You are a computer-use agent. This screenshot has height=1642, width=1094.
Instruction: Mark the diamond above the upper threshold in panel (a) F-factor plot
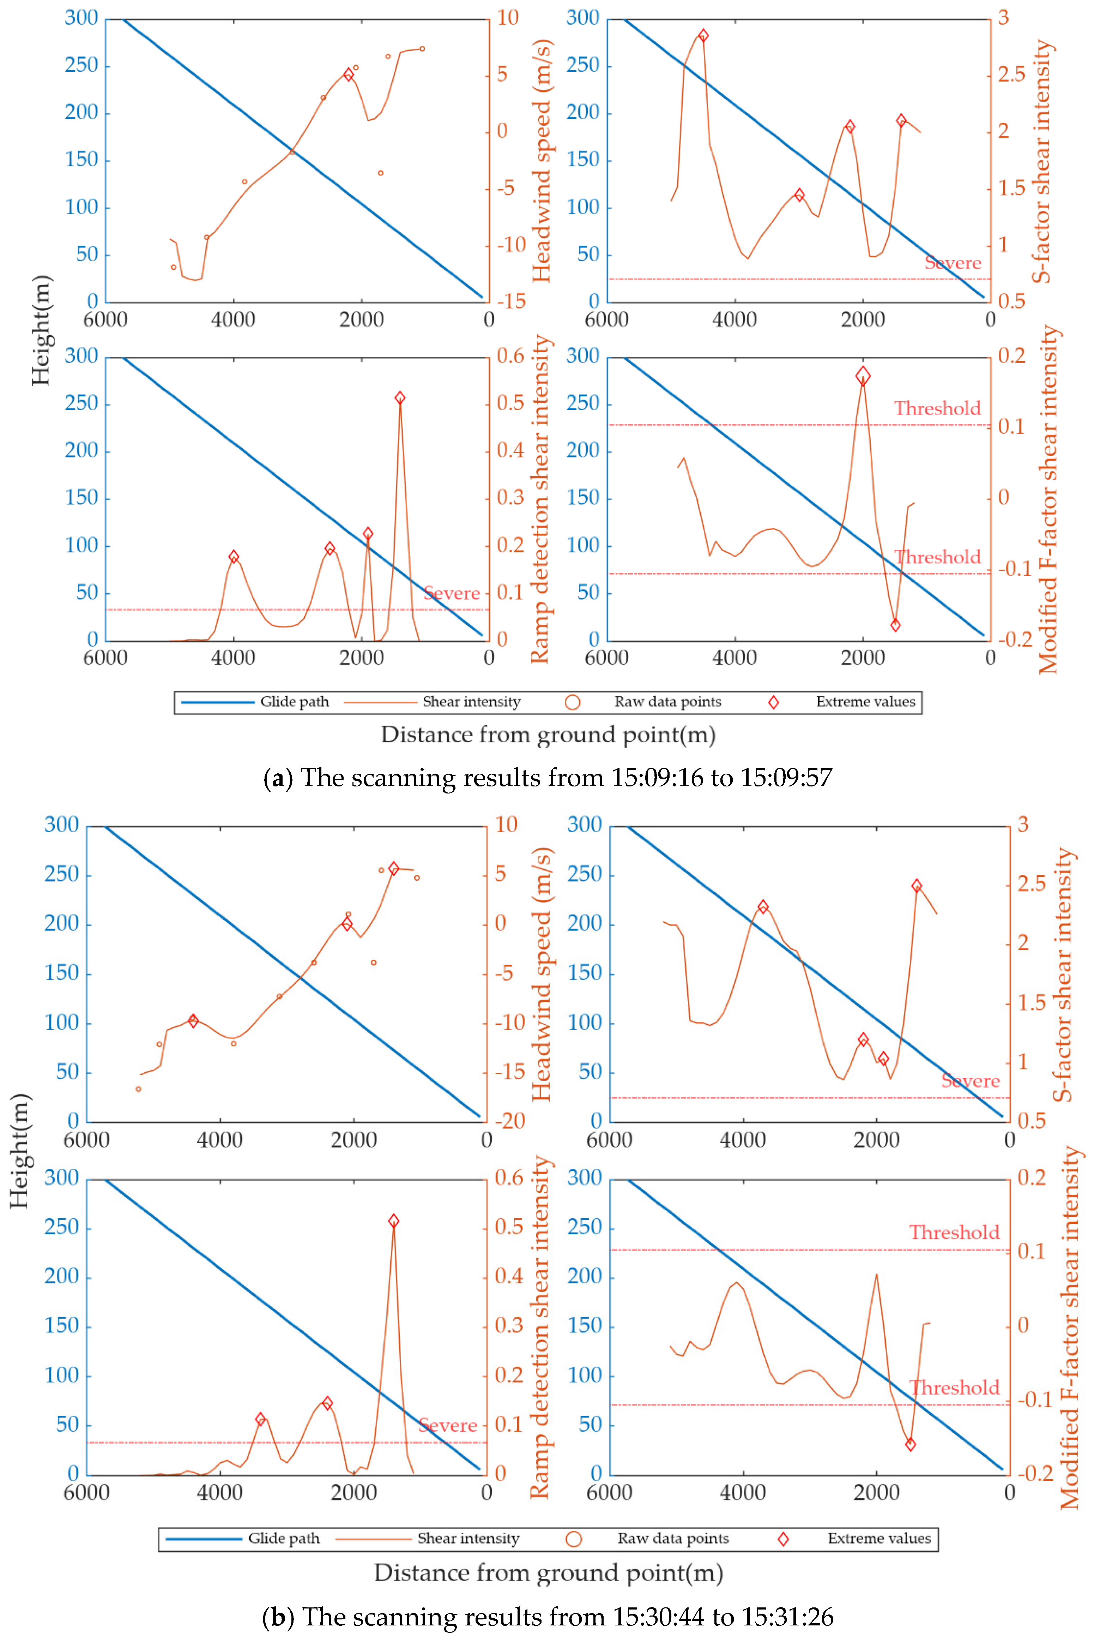[863, 376]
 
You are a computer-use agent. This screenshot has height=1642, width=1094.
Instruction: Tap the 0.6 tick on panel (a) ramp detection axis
[510, 356]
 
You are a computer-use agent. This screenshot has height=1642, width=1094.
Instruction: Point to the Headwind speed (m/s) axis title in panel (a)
[542, 161]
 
